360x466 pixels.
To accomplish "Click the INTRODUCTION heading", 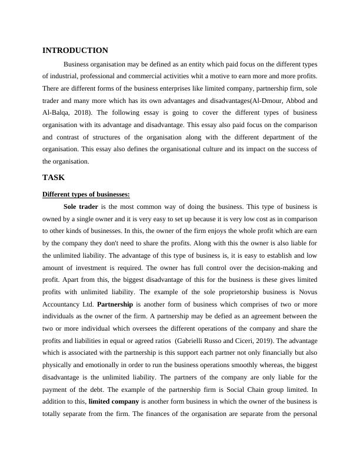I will [x=75, y=51].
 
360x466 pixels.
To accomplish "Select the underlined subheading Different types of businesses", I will [x=86, y=194].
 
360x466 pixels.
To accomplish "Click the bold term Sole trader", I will [x=81, y=207].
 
